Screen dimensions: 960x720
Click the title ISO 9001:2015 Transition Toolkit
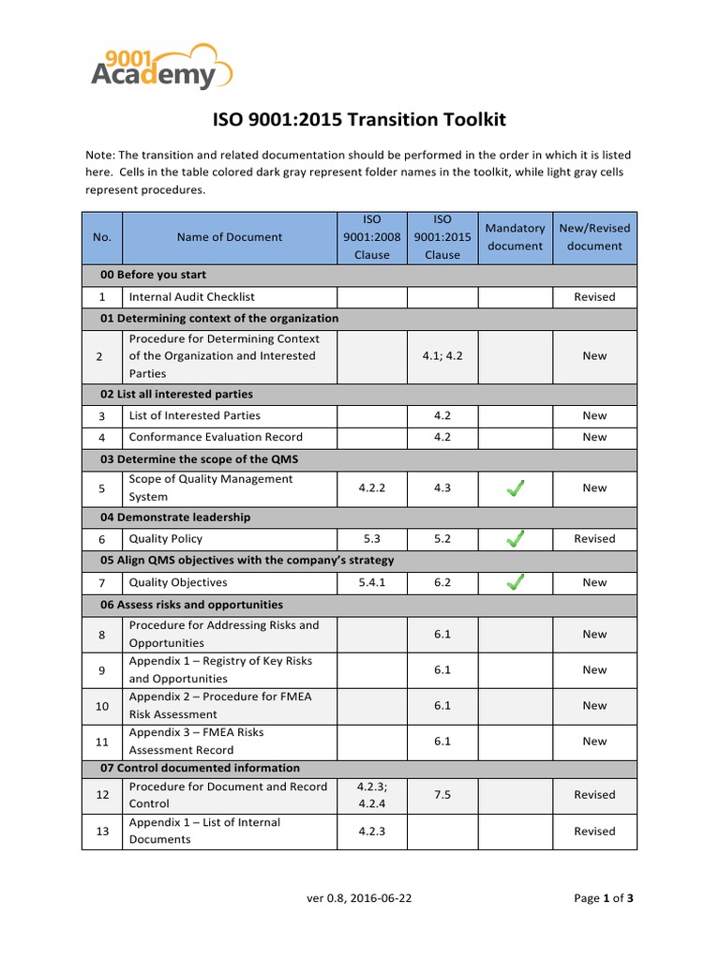[x=359, y=120]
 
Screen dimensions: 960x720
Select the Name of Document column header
[x=229, y=237]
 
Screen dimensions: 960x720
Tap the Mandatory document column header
[x=515, y=237]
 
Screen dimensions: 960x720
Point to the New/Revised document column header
[x=594, y=237]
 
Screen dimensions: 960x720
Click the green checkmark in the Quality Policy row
[x=515, y=539]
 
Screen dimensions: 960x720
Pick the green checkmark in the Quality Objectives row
[x=515, y=582]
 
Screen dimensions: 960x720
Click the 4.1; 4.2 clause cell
[x=442, y=356]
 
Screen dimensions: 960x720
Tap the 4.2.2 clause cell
[x=371, y=487]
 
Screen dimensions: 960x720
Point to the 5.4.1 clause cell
[x=371, y=582]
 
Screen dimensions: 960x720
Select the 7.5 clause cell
[x=442, y=795]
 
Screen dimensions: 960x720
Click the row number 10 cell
[x=101, y=705]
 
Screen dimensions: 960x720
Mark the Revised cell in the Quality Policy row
[x=594, y=539]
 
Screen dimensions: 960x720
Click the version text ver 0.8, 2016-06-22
[x=359, y=898]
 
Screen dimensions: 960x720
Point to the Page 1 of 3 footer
[x=604, y=898]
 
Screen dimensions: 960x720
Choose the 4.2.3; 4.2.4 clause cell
[x=371, y=795]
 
